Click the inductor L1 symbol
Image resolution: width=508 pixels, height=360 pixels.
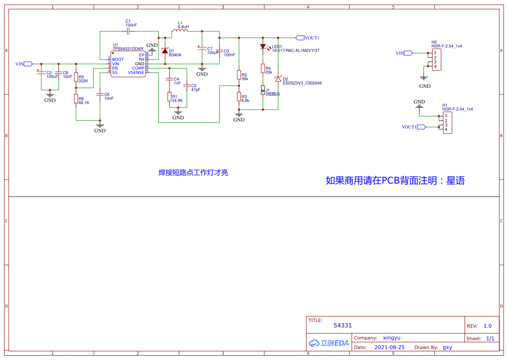pos(180,31)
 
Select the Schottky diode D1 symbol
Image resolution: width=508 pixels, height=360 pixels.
pos(165,51)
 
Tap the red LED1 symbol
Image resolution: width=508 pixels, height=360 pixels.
pos(262,47)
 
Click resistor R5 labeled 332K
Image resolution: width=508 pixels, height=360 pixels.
pos(76,77)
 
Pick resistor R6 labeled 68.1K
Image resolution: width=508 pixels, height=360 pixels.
pos(76,99)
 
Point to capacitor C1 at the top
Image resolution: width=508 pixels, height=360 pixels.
pos(128,31)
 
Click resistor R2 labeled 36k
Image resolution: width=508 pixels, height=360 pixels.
pos(239,75)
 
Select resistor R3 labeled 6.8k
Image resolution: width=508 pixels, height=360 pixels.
pos(239,96)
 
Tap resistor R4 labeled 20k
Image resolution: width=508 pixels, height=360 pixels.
pos(262,68)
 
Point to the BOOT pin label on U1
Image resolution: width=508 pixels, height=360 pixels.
pos(118,60)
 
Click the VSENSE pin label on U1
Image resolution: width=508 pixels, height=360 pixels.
pos(136,73)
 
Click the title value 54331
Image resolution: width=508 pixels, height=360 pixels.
pos(342,325)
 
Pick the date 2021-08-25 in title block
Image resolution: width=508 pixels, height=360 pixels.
pos(389,347)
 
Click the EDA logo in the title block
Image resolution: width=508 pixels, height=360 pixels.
pos(329,343)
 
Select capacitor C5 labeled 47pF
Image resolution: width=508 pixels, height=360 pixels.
pos(187,86)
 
